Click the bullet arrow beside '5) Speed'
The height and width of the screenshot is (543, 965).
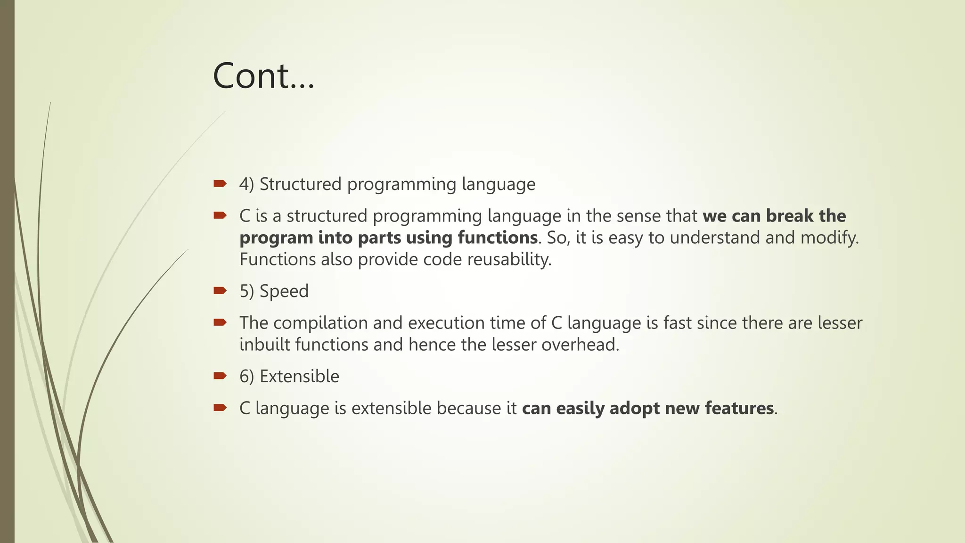coord(220,290)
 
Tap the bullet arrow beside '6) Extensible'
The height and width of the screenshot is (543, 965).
coord(220,376)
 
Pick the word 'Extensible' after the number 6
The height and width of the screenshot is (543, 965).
coord(299,376)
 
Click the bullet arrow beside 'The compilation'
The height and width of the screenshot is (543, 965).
coord(220,322)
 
